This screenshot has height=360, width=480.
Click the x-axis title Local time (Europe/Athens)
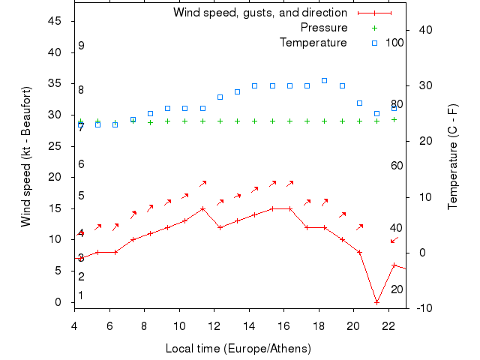(238, 349)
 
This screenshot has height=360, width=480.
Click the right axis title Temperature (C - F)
(453, 157)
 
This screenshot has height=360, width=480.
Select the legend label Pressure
(323, 28)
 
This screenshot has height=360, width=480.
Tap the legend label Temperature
(313, 43)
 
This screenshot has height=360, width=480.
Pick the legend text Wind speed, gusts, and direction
(259, 13)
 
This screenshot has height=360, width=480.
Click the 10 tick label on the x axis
(179, 325)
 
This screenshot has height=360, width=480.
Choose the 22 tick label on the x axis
(388, 325)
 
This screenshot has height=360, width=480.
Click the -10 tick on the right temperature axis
(421, 308)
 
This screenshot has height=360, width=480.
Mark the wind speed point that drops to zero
(376, 302)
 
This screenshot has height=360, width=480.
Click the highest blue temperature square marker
(325, 80)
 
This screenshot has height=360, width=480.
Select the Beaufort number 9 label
(81, 46)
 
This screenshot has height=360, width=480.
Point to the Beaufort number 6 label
(81, 164)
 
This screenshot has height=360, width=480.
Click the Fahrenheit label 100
(395, 43)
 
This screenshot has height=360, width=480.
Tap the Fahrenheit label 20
(397, 289)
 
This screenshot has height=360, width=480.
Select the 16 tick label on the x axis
(283, 325)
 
